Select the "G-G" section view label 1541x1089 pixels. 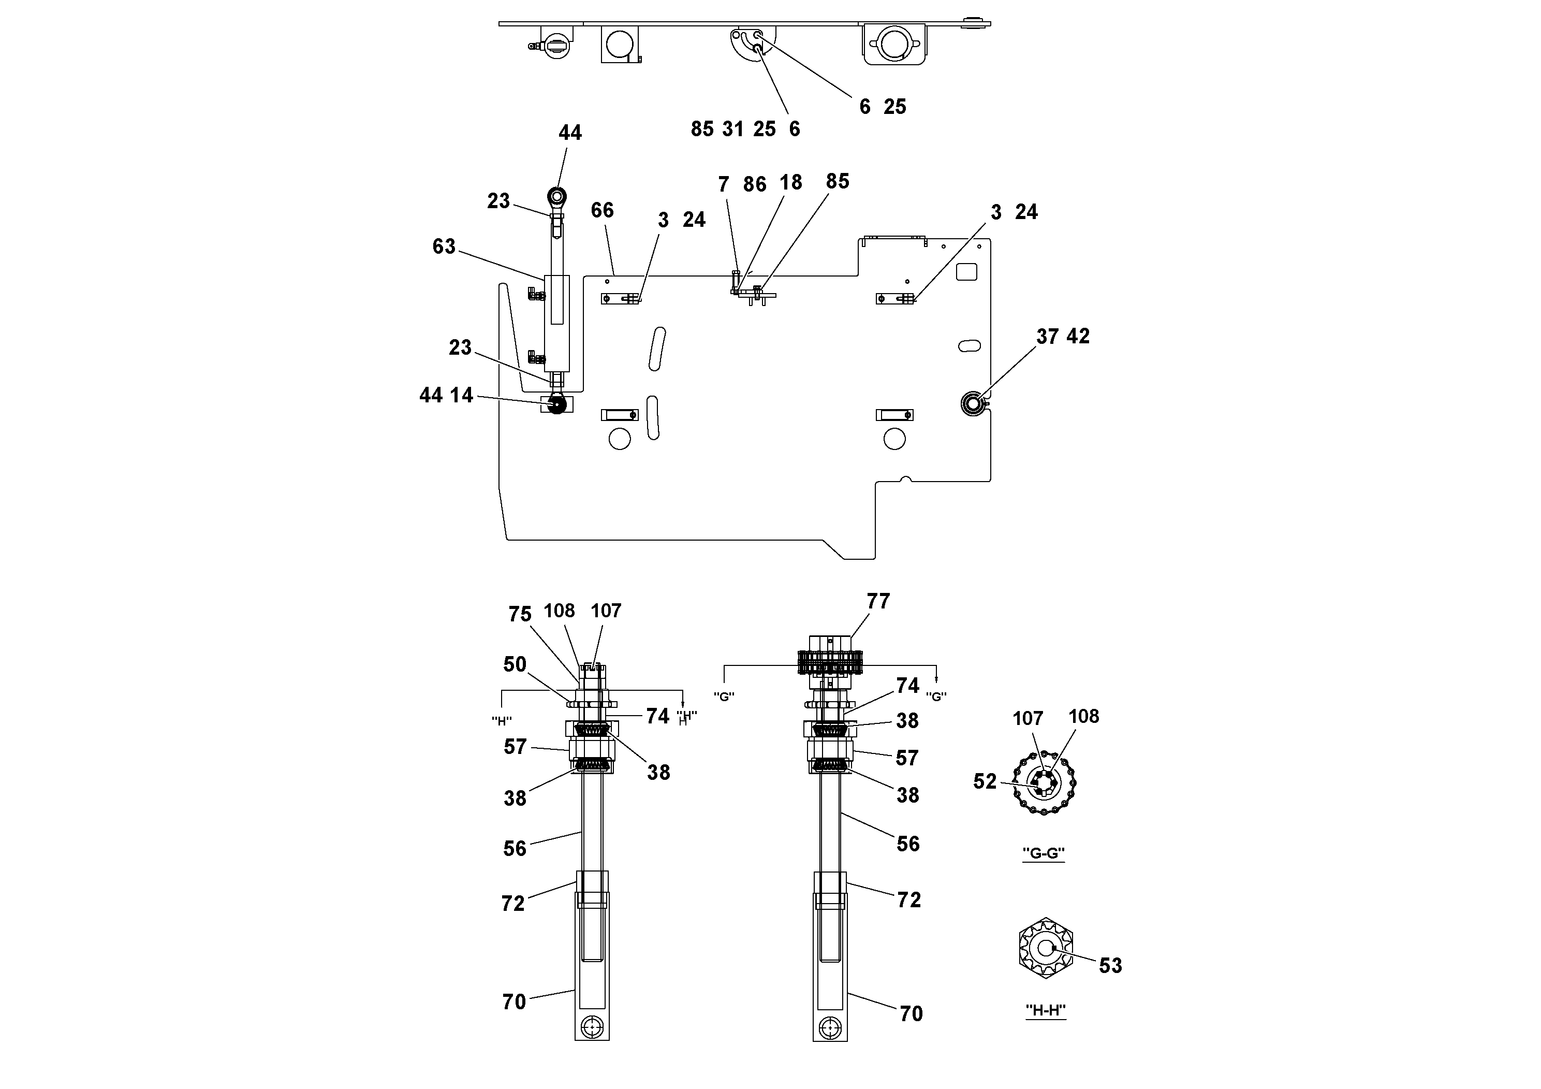(1043, 853)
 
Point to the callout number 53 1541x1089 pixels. (1110, 965)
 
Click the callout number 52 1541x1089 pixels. (985, 781)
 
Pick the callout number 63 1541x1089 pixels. (444, 246)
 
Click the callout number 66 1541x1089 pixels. (602, 210)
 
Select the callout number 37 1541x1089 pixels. (1047, 337)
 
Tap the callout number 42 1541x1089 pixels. (1078, 337)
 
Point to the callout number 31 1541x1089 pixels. (732, 129)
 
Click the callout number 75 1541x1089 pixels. (520, 614)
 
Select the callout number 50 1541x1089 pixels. (515, 665)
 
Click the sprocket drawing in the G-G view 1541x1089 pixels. (1045, 783)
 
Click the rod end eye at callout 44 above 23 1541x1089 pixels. (557, 196)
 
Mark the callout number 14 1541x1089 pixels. (461, 396)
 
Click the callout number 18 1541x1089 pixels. (790, 183)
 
